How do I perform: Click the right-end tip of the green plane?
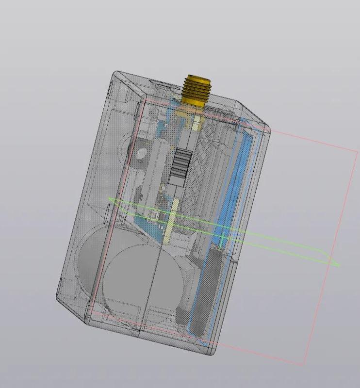click(x=338, y=265)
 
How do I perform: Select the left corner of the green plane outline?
click(x=109, y=199)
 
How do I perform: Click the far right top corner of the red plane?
click(x=358, y=151)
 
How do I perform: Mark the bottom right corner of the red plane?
click(x=304, y=364)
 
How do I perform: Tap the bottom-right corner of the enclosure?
click(x=213, y=354)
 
